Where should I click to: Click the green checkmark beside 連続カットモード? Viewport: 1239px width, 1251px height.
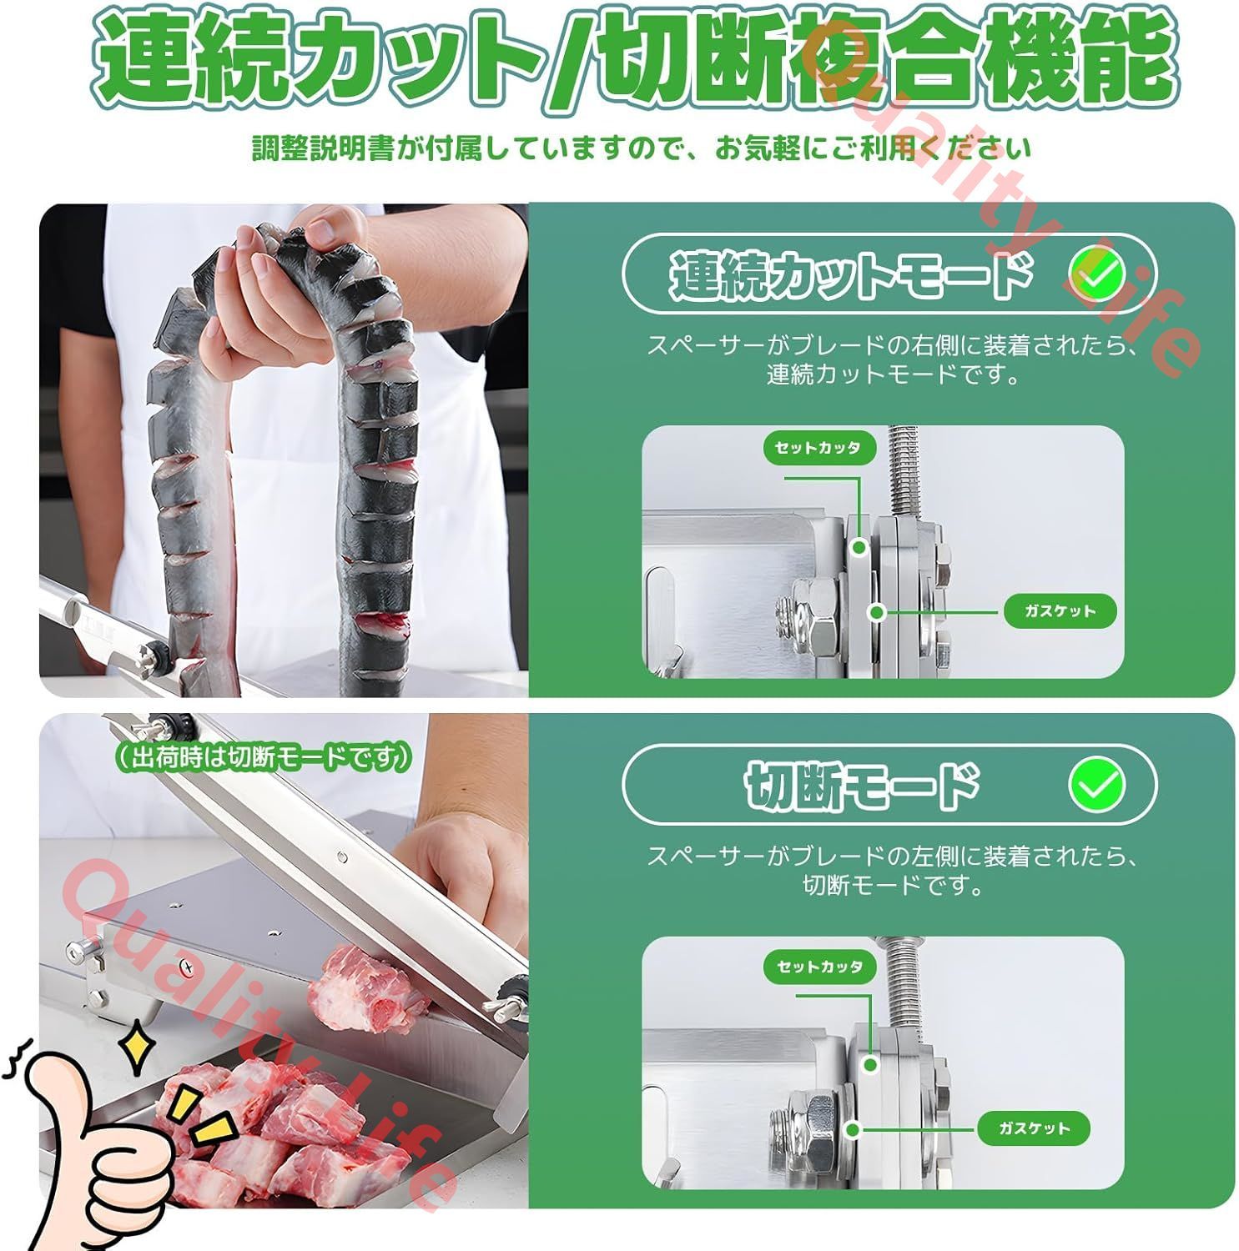[1096, 273]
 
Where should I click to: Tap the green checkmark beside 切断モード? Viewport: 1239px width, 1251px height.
[1096, 783]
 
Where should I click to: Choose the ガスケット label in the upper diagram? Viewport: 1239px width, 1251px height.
[1059, 611]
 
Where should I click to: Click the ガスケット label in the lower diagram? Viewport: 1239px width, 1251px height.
[1033, 1128]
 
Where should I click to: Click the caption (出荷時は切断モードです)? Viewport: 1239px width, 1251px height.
[262, 756]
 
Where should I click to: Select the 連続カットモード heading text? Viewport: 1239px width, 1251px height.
[851, 274]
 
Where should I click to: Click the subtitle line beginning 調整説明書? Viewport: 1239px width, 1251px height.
[642, 149]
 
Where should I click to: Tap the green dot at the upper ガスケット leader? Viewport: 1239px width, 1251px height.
[876, 612]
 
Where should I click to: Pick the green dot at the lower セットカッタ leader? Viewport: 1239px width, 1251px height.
[870, 1064]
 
